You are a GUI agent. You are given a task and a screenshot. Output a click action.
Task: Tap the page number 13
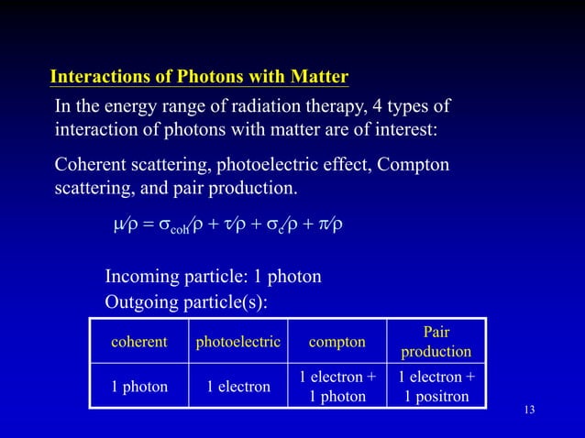pos(527,408)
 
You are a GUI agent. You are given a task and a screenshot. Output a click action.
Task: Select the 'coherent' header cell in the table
pos(139,342)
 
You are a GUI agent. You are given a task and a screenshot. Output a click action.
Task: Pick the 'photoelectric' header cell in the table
pos(238,342)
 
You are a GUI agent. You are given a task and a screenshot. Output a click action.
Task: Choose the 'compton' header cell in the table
pos(337,342)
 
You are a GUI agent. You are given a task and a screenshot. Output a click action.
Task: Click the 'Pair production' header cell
pos(436,342)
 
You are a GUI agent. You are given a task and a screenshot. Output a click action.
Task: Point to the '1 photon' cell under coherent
pos(139,387)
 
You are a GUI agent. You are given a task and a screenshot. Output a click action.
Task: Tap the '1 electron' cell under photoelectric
pos(238,387)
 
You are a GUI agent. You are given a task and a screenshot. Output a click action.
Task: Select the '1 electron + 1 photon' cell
pos(337,387)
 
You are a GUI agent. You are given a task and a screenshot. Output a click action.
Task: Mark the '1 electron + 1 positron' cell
pos(436,387)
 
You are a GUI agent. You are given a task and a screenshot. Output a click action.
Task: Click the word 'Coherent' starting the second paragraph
pos(91,166)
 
